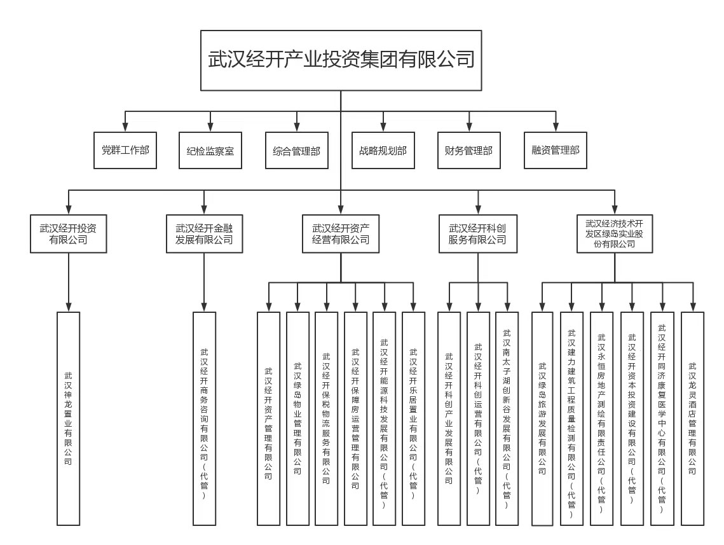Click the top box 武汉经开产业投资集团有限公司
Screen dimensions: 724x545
341,60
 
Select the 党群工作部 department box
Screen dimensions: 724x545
125,150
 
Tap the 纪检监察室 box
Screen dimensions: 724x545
210,150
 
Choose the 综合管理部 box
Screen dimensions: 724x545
296,150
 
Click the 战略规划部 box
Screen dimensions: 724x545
383,150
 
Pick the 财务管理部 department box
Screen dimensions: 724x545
469,150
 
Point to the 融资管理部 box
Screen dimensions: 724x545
556,150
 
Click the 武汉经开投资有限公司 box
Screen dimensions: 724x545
69,233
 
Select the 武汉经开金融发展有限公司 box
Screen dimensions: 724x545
205,233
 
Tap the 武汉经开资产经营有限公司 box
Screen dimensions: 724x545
341,233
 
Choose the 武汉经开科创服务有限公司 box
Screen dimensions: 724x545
478,233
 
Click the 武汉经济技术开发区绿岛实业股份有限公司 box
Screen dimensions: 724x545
615,233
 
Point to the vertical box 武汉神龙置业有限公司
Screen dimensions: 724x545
69,418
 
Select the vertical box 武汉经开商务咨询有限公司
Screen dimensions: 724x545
204,418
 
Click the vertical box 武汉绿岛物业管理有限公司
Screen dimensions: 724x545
298,418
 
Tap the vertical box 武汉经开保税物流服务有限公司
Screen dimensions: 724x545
327,418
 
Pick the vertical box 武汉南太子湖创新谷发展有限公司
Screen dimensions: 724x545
507,418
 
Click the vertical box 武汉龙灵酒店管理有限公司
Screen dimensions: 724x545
693,418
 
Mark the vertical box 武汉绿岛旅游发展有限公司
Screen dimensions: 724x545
542,418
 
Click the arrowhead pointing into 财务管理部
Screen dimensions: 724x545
469,127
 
